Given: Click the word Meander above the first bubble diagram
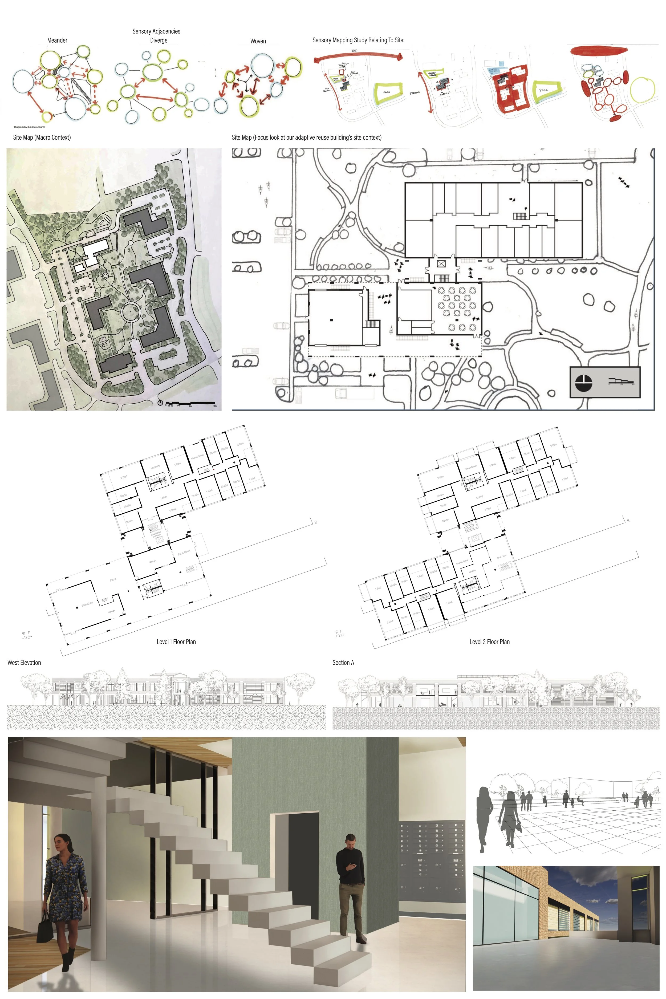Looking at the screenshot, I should [x=57, y=40].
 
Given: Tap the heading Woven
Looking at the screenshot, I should [x=258, y=41].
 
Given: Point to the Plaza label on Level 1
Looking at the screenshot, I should [x=113, y=579].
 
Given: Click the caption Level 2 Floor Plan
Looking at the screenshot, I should [x=489, y=642].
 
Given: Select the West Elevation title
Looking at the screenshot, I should [x=24, y=663].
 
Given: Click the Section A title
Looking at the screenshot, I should [x=343, y=663].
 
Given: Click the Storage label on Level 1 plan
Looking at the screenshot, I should [x=112, y=611].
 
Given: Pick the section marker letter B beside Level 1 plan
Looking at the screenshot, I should [x=316, y=522].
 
